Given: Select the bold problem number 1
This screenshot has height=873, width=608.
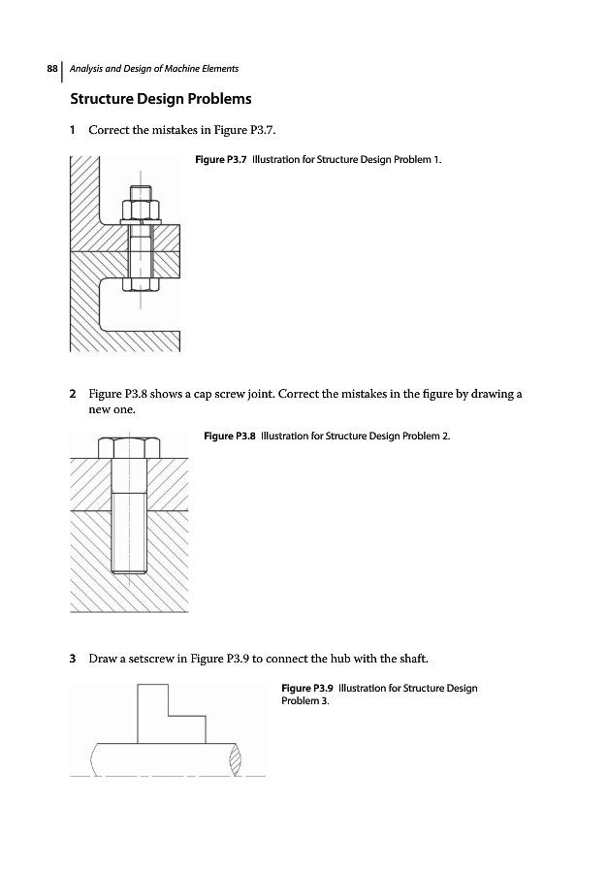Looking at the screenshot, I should pos(74,130).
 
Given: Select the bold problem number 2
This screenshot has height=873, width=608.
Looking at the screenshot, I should pos(74,395).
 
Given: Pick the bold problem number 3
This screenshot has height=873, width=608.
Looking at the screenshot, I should pos(74,660).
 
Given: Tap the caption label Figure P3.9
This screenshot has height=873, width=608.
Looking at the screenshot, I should pos(306,689).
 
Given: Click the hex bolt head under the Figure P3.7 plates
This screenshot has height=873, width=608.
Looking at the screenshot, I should pos(142,281).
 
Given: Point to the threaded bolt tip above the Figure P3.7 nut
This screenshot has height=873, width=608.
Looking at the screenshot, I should pos(142,190).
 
